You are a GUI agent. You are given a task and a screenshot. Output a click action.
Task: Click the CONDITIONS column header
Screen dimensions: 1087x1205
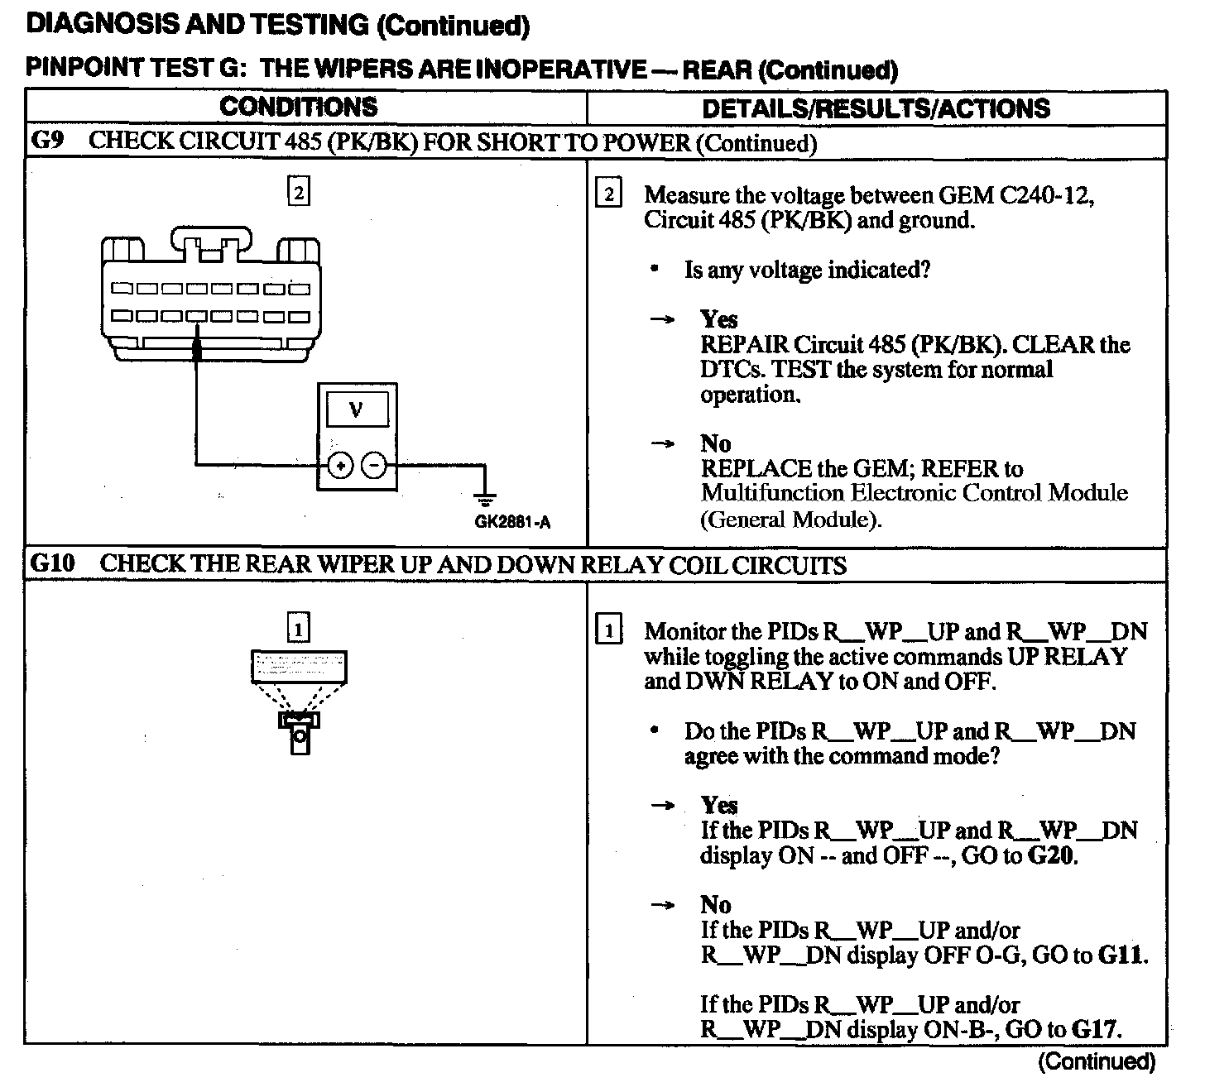pyautogui.click(x=298, y=107)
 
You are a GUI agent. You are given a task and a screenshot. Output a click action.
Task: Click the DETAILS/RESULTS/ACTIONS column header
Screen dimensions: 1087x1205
pyautogui.click(x=876, y=108)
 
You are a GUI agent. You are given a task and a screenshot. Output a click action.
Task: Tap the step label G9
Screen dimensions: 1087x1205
pyautogui.click(x=47, y=141)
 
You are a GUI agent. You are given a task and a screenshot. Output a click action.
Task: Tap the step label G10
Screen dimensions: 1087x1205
pyautogui.click(x=52, y=564)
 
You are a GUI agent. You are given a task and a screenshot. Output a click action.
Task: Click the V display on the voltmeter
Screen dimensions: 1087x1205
pyautogui.click(x=357, y=409)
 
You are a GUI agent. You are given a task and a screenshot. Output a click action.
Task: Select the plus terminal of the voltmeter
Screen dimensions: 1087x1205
pyautogui.click(x=339, y=466)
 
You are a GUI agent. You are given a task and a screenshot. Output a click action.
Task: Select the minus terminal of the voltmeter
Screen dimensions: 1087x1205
pyautogui.click(x=375, y=466)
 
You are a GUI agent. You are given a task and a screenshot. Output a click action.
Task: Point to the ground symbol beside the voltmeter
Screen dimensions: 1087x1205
pyautogui.click(x=484, y=499)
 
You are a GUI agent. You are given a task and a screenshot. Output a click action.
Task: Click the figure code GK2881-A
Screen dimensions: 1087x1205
pyautogui.click(x=512, y=522)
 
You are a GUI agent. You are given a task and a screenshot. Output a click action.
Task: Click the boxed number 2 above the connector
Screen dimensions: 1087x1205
pyautogui.click(x=298, y=193)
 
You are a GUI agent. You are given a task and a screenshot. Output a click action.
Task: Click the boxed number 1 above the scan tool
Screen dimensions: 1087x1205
pyautogui.click(x=298, y=630)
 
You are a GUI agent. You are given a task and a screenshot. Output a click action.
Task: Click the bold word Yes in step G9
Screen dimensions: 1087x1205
pyautogui.click(x=718, y=319)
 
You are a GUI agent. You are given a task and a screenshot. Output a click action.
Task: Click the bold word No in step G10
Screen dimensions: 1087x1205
pyautogui.click(x=716, y=904)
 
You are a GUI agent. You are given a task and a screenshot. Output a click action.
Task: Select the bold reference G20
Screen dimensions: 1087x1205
pyautogui.click(x=1051, y=855)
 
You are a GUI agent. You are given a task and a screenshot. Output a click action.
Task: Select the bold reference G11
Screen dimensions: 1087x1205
pyautogui.click(x=1121, y=955)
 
